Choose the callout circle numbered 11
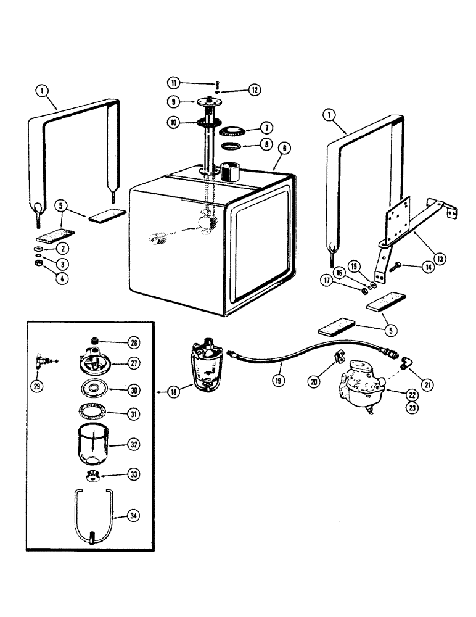click(x=173, y=83)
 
